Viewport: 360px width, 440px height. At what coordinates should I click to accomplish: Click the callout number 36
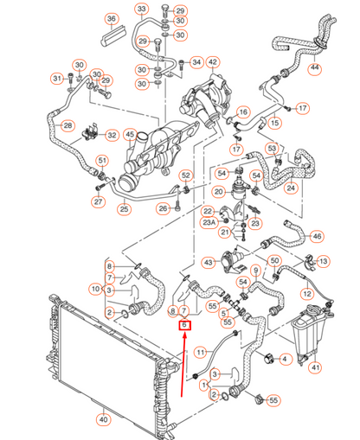(x=111, y=18)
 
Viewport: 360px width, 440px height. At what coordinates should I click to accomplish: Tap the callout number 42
(x=213, y=62)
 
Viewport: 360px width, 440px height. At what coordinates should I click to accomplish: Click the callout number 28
(x=67, y=125)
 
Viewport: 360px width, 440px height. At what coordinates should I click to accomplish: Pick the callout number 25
(x=125, y=208)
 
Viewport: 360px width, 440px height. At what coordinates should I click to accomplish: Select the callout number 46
(x=317, y=235)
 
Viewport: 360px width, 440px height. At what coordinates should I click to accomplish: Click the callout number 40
(x=103, y=421)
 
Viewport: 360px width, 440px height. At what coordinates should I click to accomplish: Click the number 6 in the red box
(x=183, y=325)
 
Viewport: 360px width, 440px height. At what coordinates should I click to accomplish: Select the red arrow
(x=183, y=363)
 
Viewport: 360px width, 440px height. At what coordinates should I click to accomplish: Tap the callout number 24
(x=291, y=187)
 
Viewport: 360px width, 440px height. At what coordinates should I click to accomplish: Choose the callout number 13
(x=323, y=261)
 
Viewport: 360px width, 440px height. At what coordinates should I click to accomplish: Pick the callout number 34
(x=196, y=62)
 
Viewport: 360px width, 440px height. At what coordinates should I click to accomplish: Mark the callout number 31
(x=57, y=80)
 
